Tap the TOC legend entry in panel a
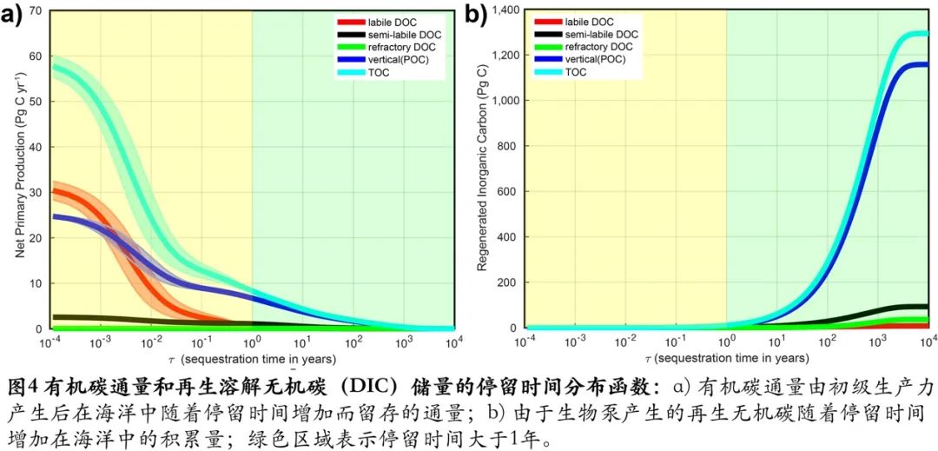click(x=369, y=72)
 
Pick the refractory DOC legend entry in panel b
click(x=598, y=46)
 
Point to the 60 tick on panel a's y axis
click(x=36, y=56)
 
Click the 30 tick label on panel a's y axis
click(x=36, y=193)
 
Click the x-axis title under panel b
click(x=727, y=358)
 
